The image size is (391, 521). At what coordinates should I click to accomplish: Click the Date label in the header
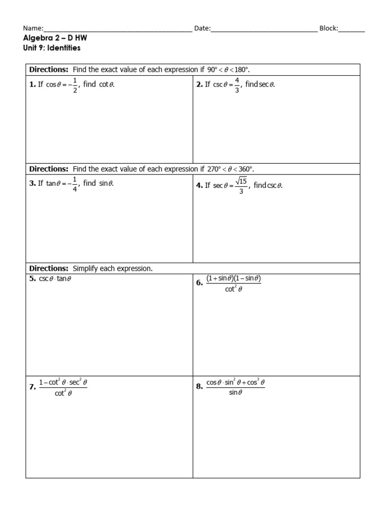pyautogui.click(x=202, y=29)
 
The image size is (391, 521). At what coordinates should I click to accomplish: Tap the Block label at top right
pyautogui.click(x=328, y=29)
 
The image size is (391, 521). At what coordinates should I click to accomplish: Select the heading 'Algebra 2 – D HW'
pyautogui.click(x=51, y=38)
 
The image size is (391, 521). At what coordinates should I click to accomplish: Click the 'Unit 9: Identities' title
pyautogui.click(x=51, y=48)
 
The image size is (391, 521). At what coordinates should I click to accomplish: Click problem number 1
pyautogui.click(x=32, y=84)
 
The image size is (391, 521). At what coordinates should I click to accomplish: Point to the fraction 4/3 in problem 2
pyautogui.click(x=237, y=84)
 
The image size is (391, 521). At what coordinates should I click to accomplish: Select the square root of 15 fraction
pyautogui.click(x=241, y=186)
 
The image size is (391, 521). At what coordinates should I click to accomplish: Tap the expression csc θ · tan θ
pyautogui.click(x=55, y=279)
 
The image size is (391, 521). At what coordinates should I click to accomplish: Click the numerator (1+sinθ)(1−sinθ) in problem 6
pyautogui.click(x=233, y=278)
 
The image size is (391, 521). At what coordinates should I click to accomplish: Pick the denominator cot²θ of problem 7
pyautogui.click(x=63, y=392)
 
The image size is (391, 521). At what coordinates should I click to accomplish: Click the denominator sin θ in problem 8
pyautogui.click(x=235, y=392)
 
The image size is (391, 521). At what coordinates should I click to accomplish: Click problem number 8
pyautogui.click(x=199, y=387)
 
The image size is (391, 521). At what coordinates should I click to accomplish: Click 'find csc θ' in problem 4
pyautogui.click(x=268, y=186)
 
